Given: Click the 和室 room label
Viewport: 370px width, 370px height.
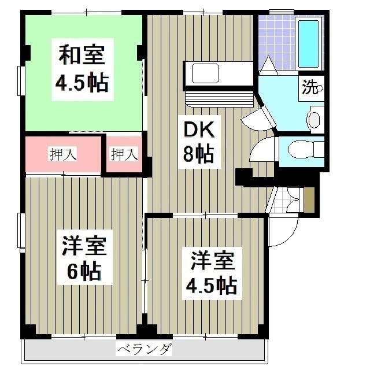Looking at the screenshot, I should (x=82, y=57).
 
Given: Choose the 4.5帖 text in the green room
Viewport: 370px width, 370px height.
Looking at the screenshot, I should (x=82, y=83).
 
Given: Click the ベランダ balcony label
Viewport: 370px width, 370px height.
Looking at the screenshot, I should (x=144, y=349).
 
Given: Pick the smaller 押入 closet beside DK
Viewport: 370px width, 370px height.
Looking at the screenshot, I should (x=124, y=154).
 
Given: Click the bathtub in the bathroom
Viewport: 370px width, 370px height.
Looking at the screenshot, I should (x=309, y=44).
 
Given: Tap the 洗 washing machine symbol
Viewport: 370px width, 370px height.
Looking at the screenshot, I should (x=311, y=88).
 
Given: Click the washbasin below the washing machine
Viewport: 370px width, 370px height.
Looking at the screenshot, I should (x=314, y=120).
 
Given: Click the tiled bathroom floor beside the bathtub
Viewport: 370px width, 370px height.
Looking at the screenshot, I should (x=275, y=38).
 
